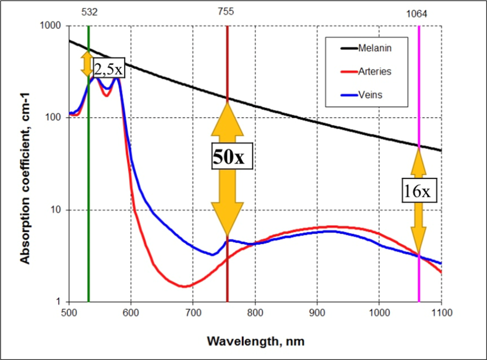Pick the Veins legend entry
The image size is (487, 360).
[370, 95]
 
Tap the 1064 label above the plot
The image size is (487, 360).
[418, 14]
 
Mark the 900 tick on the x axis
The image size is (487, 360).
[317, 313]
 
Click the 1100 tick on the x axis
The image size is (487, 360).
[441, 313]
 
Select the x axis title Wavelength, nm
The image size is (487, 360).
[255, 341]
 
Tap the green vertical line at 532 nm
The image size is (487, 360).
[88, 190]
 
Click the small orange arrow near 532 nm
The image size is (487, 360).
[87, 64]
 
